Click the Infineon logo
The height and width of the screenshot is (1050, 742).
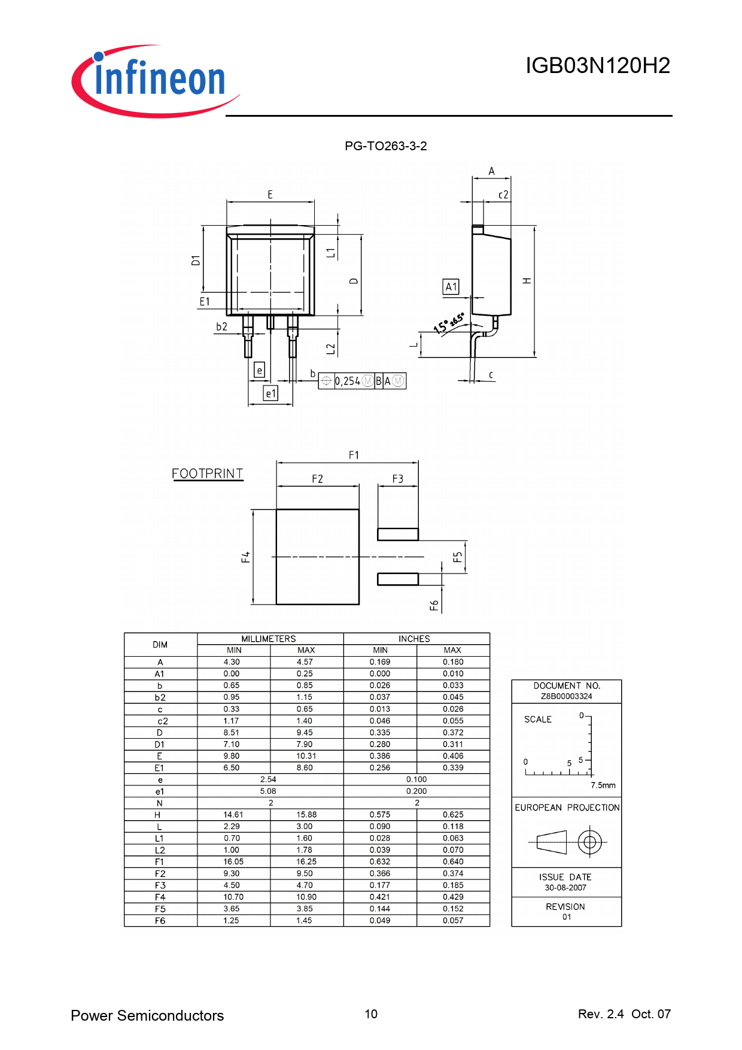pos(156,81)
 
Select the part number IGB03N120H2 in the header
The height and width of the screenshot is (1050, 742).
pos(598,66)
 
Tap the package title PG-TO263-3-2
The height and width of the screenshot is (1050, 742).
pos(386,146)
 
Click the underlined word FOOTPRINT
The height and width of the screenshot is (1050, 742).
pos(208,474)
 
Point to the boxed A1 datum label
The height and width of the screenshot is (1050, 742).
pos(451,287)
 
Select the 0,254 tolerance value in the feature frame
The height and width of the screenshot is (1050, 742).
pos(348,381)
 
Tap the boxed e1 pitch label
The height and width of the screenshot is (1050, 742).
pos(271,393)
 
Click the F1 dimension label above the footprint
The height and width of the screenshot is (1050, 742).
pos(354,456)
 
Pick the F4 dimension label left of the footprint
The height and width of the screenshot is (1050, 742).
pos(245,557)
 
